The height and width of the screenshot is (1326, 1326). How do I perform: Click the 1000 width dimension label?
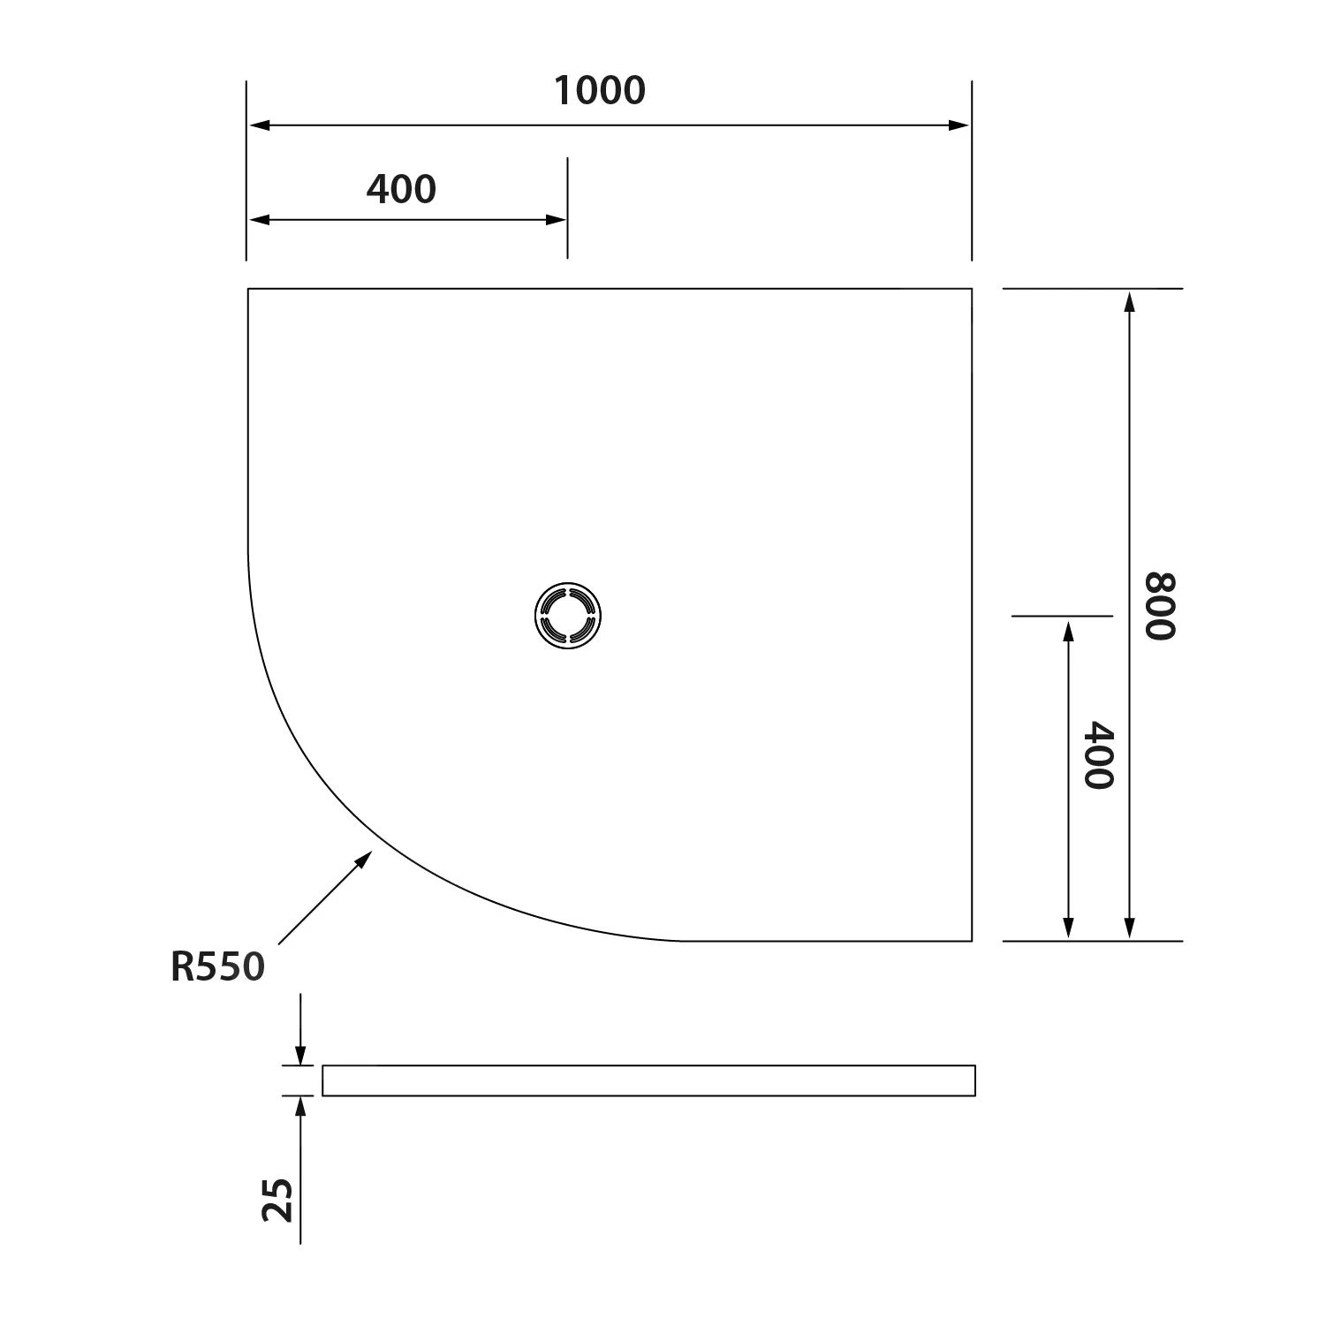pyautogui.click(x=600, y=91)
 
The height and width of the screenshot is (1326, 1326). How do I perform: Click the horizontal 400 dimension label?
pyautogui.click(x=401, y=189)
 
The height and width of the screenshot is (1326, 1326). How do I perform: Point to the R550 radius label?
pyautogui.click(x=217, y=967)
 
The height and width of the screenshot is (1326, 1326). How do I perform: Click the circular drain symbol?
pyautogui.click(x=568, y=615)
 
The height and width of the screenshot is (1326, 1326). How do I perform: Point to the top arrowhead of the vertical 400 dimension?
pyautogui.click(x=1068, y=629)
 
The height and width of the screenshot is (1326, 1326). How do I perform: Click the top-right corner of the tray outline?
pyautogui.click(x=972, y=289)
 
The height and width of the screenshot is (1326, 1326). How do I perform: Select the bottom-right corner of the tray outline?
pyautogui.click(x=972, y=941)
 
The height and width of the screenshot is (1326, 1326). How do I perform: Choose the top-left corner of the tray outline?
pyautogui.click(x=248, y=289)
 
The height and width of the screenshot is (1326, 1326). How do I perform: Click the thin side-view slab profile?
pyautogui.click(x=648, y=1080)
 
